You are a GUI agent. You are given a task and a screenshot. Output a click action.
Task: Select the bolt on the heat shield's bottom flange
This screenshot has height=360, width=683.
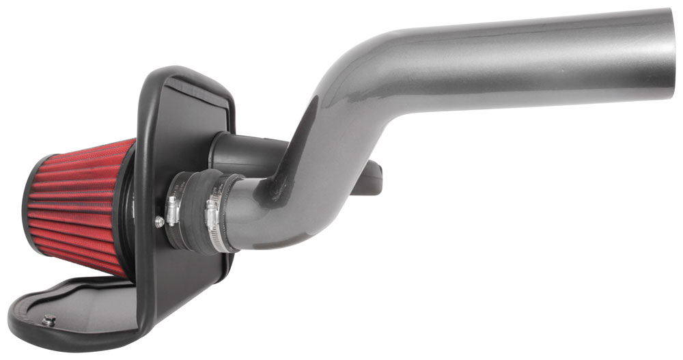[50, 320]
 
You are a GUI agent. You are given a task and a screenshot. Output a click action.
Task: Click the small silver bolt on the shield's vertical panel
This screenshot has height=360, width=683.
[159, 221]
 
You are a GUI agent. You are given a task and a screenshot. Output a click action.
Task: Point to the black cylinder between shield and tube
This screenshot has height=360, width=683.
[239, 154]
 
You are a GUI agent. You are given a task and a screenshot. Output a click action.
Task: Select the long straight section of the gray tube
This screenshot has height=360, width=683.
[519, 55]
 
